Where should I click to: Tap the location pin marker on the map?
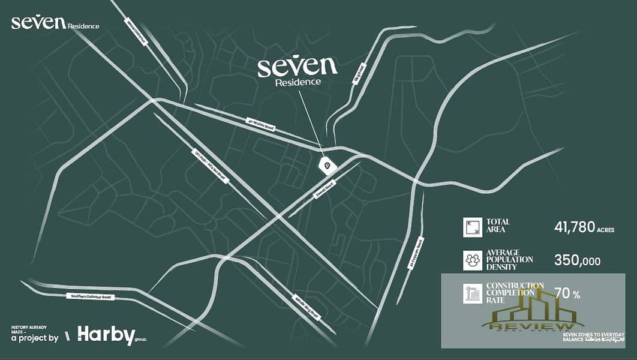pos(327,164)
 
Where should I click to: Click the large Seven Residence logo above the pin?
pos(298,71)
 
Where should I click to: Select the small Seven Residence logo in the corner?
pos(55,23)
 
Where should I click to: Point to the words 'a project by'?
pos(35,338)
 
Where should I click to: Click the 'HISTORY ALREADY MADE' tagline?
pos(29,329)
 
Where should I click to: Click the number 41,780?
pos(574,227)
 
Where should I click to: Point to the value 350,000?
pos(576,261)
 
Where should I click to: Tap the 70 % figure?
pos(567,294)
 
